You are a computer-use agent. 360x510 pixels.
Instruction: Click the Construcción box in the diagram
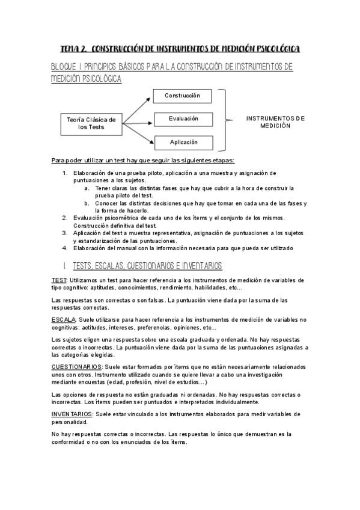183,96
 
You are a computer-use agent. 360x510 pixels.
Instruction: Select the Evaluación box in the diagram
183,119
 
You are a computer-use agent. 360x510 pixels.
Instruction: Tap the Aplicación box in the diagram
183,143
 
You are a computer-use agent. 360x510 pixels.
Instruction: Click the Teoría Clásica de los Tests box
91,124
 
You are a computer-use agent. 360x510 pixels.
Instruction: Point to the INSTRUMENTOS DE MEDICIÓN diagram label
275,122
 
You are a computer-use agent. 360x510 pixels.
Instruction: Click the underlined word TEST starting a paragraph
59,280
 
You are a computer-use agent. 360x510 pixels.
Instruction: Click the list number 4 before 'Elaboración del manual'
65,248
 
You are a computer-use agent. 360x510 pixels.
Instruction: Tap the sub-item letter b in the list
87,203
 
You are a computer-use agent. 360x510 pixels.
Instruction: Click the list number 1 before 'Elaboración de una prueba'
65,173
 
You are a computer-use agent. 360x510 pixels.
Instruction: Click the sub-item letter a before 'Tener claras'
87,188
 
